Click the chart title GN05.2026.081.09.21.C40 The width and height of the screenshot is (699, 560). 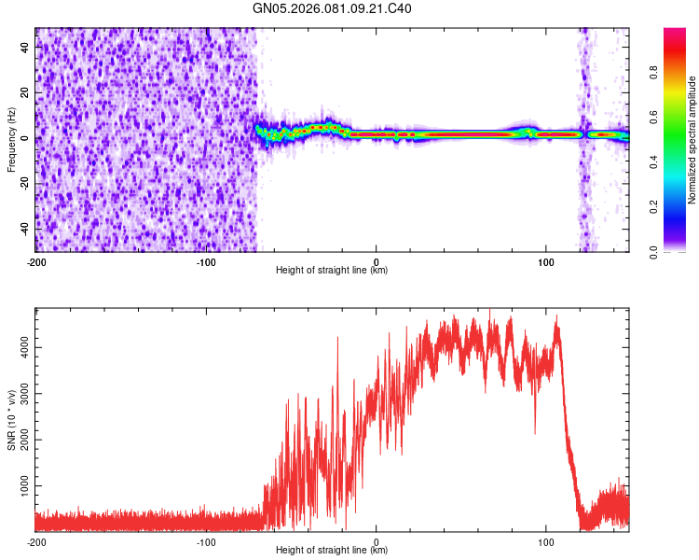coord(333,9)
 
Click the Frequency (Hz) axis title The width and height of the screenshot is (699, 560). coord(11,140)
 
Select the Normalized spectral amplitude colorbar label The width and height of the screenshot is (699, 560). coord(692,140)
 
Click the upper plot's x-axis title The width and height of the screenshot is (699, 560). coord(332,271)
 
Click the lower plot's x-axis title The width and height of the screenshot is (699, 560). coord(332,551)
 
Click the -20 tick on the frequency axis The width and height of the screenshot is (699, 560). coord(22,183)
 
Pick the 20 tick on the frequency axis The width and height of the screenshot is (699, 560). coord(24,92)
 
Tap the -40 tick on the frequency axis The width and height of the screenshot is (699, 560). coord(22,229)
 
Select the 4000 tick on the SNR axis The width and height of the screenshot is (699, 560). coord(19,347)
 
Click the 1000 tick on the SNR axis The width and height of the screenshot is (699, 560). coord(19,486)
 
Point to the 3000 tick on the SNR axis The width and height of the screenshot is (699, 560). coord(19,394)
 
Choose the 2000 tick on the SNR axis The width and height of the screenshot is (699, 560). coord(19,441)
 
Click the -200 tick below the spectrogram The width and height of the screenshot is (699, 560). coord(36,262)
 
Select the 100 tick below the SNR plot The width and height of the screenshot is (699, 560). coord(546,542)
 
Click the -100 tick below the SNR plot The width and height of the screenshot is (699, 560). coord(206,542)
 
